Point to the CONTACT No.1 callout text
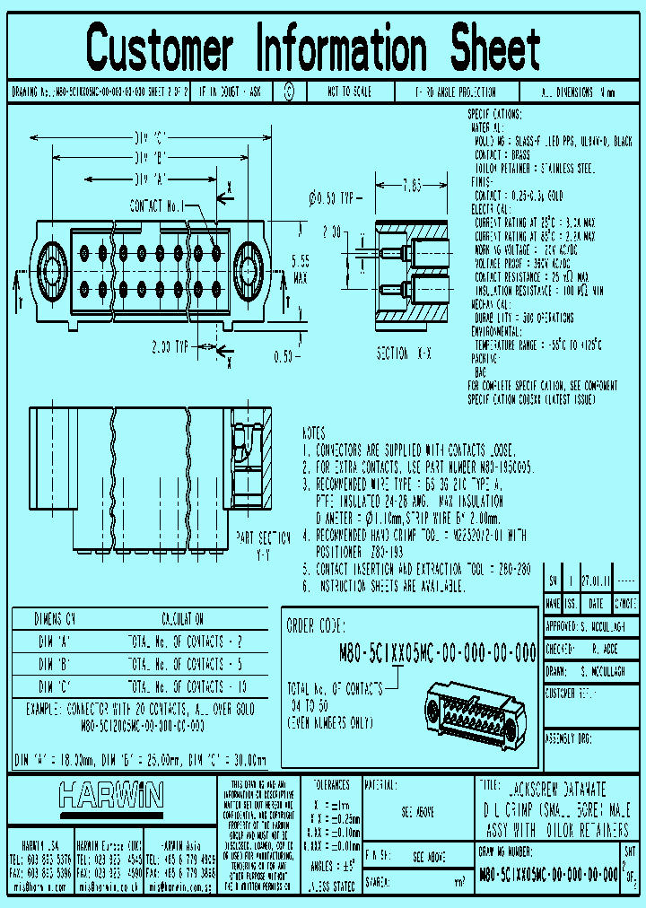coord(157,205)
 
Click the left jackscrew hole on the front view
coord(50,267)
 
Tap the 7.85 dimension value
coord(412,186)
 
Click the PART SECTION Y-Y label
coord(263,545)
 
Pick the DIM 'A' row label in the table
coord(54,642)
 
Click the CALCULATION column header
coord(182,619)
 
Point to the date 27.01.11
coord(596,581)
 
